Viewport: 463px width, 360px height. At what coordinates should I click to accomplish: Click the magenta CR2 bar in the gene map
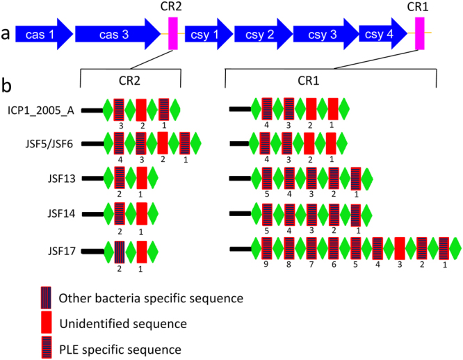173,34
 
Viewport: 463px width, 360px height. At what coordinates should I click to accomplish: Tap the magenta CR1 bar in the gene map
420,34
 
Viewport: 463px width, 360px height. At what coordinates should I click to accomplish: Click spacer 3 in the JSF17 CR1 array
400,247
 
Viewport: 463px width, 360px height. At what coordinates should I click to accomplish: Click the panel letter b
6,85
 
